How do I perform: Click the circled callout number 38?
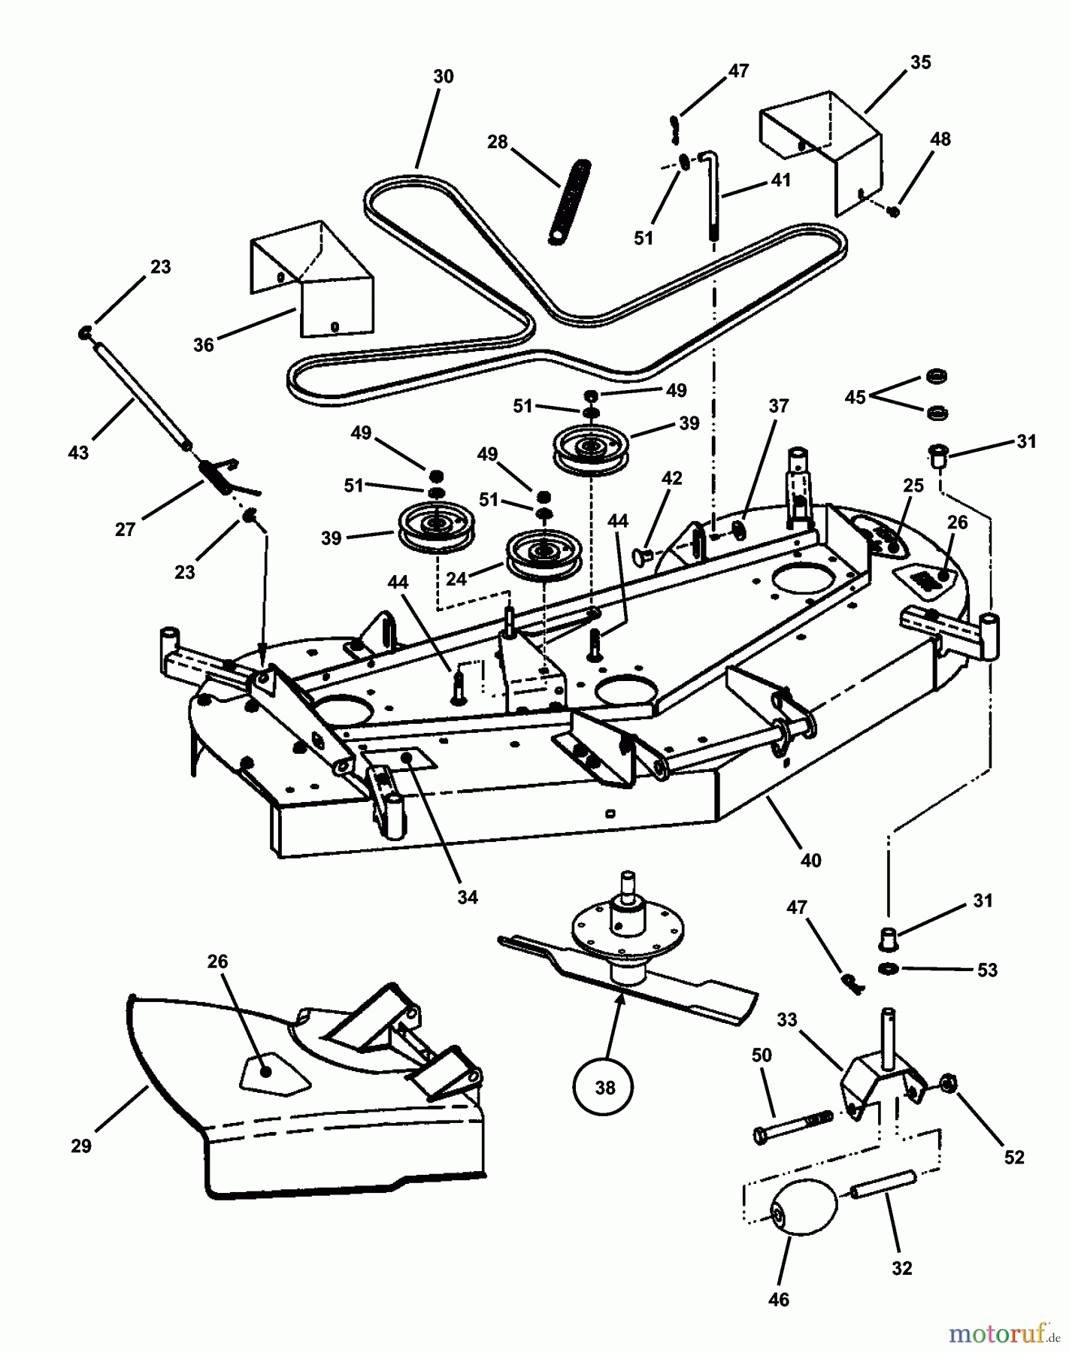click(x=605, y=1087)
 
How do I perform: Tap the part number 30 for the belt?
click(x=444, y=77)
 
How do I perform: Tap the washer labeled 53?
click(x=888, y=967)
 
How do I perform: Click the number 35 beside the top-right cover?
click(x=920, y=63)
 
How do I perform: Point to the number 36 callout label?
click(x=204, y=344)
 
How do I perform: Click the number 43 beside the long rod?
click(x=78, y=453)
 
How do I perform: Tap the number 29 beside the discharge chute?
click(x=81, y=1146)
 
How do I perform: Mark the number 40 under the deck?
click(x=811, y=860)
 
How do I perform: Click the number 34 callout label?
click(x=468, y=897)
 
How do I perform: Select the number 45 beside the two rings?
click(x=856, y=397)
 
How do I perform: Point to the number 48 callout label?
click(x=940, y=140)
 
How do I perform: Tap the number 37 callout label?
click(x=779, y=406)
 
